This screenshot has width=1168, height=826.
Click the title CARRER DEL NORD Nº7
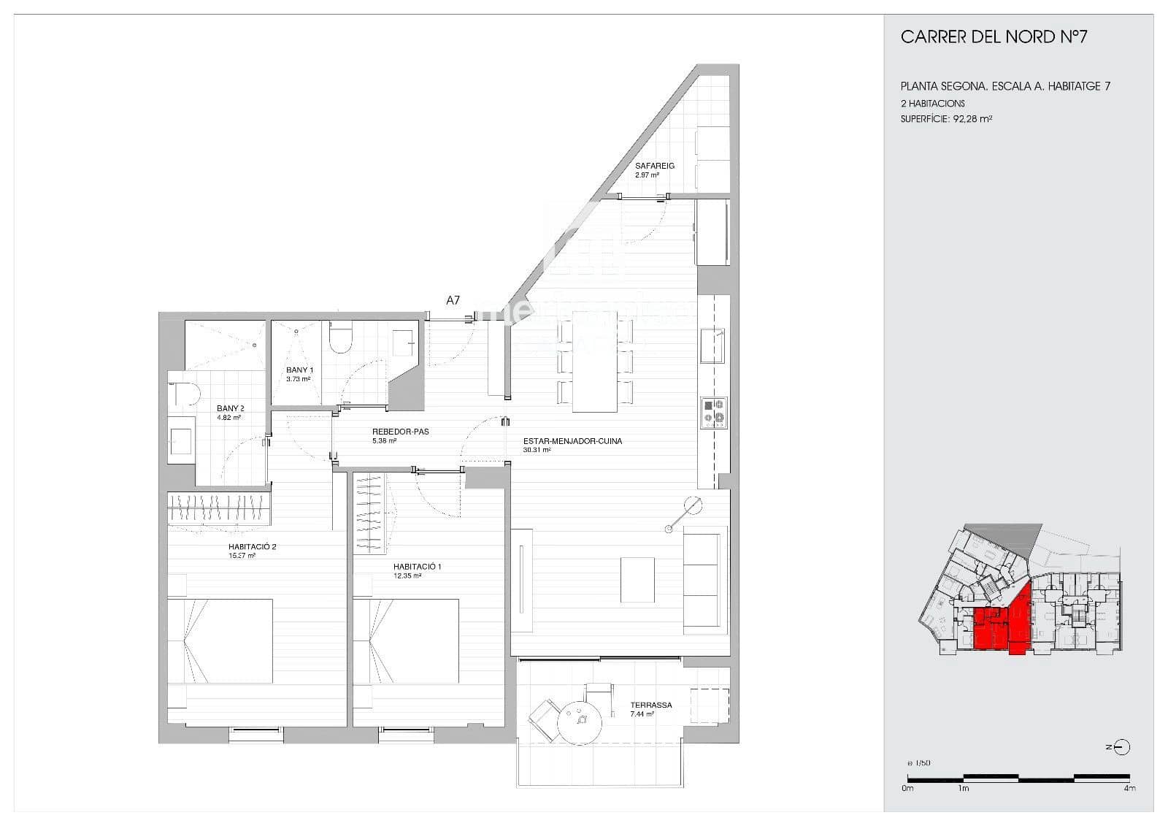pyautogui.click(x=994, y=37)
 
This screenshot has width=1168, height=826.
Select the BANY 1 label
pyautogui.click(x=299, y=370)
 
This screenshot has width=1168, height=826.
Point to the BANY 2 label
pyautogui.click(x=230, y=409)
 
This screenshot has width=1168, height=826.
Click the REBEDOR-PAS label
pyautogui.click(x=400, y=432)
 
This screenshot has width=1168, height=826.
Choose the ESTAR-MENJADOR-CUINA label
pyautogui.click(x=572, y=441)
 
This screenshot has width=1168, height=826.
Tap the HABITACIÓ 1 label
pyautogui.click(x=417, y=567)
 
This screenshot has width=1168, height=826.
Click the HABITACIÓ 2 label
pyautogui.click(x=252, y=546)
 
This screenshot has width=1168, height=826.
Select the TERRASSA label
pyautogui.click(x=650, y=705)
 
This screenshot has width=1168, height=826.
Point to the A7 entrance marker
pyautogui.click(x=453, y=300)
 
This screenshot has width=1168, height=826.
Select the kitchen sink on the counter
pyautogui.click(x=712, y=345)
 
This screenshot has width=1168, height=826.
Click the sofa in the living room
pyautogui.click(x=704, y=581)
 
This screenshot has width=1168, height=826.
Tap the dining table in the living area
pyautogui.click(x=595, y=362)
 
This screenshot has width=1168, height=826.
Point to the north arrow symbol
pyautogui.click(x=1122, y=747)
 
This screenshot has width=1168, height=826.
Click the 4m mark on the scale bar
pyautogui.click(x=1129, y=787)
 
